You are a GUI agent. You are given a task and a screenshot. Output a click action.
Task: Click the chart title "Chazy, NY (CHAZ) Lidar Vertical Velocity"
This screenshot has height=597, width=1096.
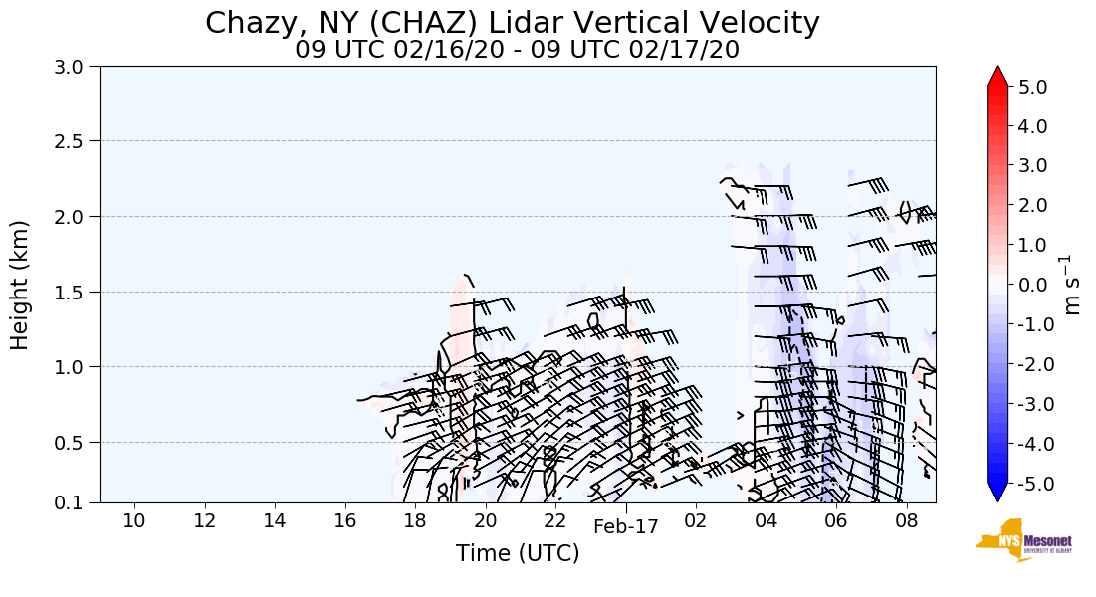click(513, 23)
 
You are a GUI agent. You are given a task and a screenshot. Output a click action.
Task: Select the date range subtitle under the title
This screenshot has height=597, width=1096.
click(517, 50)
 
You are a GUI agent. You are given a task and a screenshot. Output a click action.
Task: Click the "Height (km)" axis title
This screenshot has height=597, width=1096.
click(21, 285)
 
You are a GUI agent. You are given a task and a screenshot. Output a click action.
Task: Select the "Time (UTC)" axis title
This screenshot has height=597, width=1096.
click(518, 554)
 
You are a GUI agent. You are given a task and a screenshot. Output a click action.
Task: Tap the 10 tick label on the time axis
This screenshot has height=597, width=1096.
click(134, 520)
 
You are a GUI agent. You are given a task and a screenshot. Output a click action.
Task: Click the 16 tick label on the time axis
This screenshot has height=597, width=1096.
click(344, 520)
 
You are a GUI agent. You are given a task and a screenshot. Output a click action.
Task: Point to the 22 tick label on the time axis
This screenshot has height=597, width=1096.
click(555, 520)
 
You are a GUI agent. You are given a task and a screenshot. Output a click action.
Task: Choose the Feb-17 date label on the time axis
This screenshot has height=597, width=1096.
click(626, 528)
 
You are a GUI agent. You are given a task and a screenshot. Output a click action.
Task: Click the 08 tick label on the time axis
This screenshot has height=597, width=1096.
click(906, 520)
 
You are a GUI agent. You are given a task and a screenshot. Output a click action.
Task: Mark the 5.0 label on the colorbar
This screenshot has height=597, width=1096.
click(1033, 87)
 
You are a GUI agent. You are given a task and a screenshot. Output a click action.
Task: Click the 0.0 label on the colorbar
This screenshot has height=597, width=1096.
click(1033, 285)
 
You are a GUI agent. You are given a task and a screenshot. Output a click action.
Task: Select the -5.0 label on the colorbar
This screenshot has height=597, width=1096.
click(1030, 484)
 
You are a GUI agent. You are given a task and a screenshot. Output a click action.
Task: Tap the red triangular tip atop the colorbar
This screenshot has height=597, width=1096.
click(998, 77)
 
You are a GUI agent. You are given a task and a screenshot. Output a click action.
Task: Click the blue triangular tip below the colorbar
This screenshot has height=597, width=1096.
click(998, 493)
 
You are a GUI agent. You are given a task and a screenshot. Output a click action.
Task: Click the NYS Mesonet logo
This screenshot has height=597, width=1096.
click(1023, 540)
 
